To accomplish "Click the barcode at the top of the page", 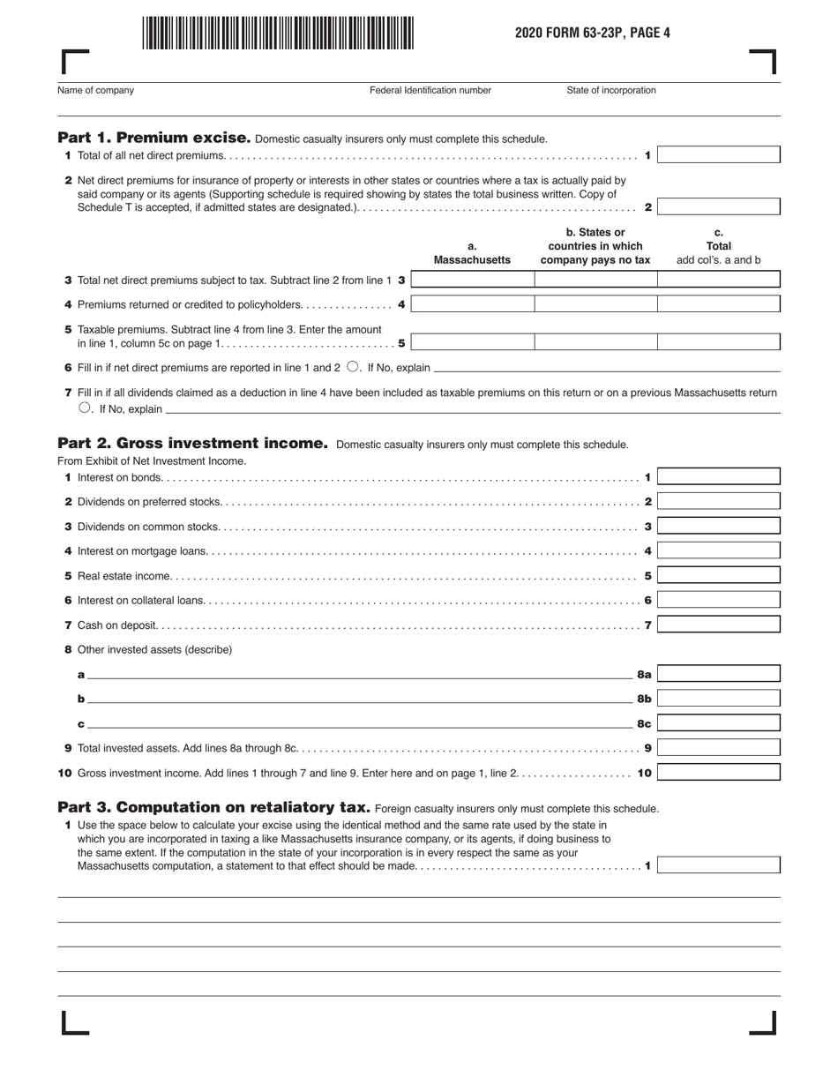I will click(x=278, y=33).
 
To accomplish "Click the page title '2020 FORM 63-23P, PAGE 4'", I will click(x=593, y=33).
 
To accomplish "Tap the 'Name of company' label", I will click(x=96, y=90).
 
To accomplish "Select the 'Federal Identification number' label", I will click(x=430, y=90).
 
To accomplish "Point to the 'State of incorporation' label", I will click(x=611, y=90).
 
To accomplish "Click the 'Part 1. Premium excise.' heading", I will click(x=154, y=138).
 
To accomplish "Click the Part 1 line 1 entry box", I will click(x=719, y=155).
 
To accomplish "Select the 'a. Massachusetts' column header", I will click(x=472, y=254).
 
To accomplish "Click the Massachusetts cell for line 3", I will click(x=473, y=280).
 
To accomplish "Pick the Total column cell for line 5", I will click(x=719, y=342).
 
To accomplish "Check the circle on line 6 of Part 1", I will click(x=352, y=367).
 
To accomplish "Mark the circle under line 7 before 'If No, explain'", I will click(x=85, y=408).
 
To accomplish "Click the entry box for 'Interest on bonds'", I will click(x=719, y=477).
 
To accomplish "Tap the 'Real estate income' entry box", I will click(x=719, y=575).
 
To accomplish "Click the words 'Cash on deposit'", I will click(x=117, y=625).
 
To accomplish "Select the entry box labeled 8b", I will click(x=719, y=699).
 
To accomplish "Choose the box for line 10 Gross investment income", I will click(x=719, y=773).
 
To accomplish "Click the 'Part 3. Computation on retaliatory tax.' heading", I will click(x=213, y=807).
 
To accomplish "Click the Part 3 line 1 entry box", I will click(x=719, y=865).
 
